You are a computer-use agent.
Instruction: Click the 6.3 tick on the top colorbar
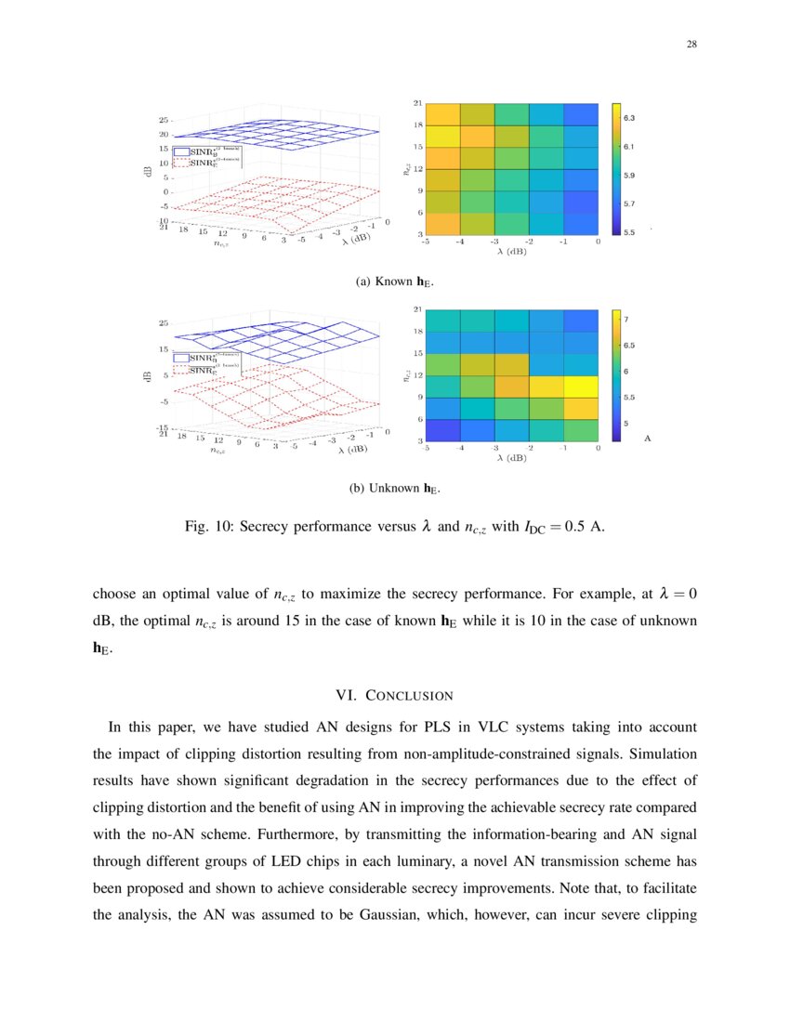pyautogui.click(x=629, y=118)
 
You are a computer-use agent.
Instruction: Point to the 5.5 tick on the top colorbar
pyautogui.click(x=629, y=231)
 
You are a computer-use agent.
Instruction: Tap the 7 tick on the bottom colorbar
pyautogui.click(x=626, y=320)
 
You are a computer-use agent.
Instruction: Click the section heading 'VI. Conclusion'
pyautogui.click(x=395, y=695)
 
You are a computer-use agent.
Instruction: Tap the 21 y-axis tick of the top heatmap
pyautogui.click(x=418, y=102)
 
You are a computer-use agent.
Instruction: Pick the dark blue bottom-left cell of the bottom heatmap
pyautogui.click(x=443, y=430)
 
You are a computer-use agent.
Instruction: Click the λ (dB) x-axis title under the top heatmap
pyautogui.click(x=512, y=251)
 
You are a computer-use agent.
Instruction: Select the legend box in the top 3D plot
pyautogui.click(x=215, y=155)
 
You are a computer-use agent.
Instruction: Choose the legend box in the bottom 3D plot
pyautogui.click(x=215, y=362)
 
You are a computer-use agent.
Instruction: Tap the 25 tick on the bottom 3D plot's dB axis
pyautogui.click(x=163, y=323)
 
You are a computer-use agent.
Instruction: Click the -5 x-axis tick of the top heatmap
pyautogui.click(x=426, y=242)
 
